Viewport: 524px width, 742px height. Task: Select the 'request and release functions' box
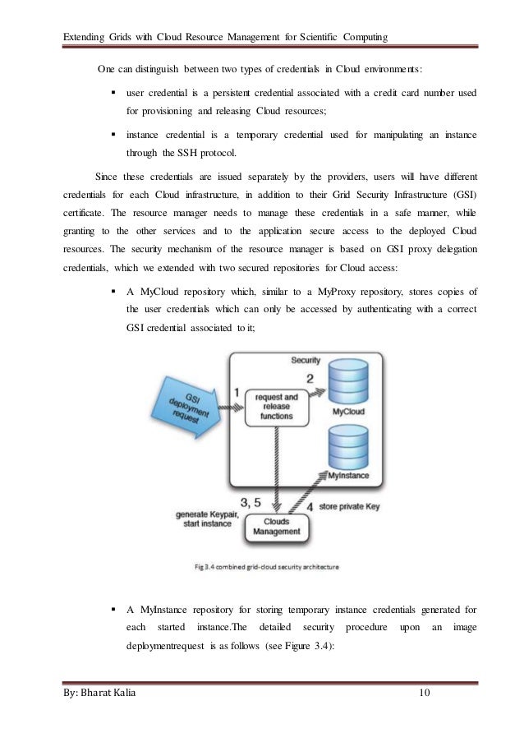click(273, 405)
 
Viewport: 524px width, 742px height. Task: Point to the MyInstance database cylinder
click(351, 451)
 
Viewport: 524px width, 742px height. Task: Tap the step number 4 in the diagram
click(310, 507)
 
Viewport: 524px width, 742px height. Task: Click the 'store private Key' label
click(350, 507)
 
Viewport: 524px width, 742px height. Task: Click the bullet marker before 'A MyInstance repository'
click(112, 611)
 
